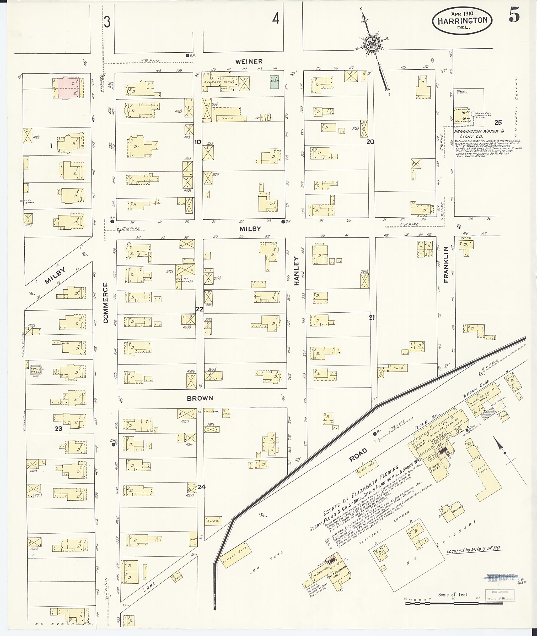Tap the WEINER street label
click(249, 62)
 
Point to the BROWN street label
click(200, 398)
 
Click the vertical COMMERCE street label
click(106, 302)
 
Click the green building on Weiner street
click(274, 82)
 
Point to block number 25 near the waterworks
click(498, 123)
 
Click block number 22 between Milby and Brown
click(199, 309)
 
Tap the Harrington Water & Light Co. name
click(479, 134)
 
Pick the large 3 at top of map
click(107, 22)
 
